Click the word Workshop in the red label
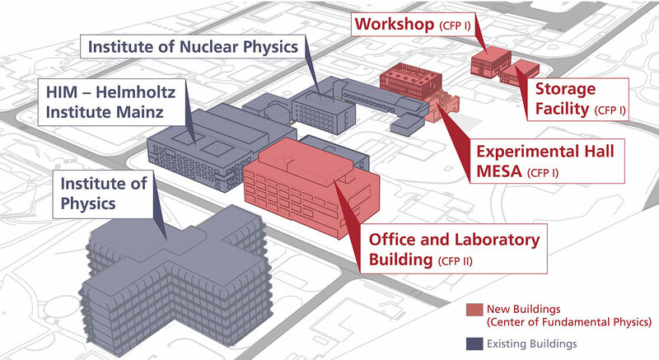coord(395,25)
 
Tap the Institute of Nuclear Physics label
coord(193,47)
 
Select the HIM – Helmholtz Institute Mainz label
coord(111,102)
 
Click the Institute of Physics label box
coord(102,194)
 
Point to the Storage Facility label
coord(578,99)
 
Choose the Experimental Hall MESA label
coord(547,161)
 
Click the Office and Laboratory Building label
coord(454,249)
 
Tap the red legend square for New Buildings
coord(474,310)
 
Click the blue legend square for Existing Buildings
coord(474,344)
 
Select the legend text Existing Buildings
coord(531,344)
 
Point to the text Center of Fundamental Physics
coord(569,322)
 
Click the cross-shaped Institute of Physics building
coord(176,278)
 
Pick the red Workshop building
coord(490,63)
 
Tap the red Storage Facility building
coord(520,73)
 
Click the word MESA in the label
coord(499,171)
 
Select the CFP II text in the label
coord(456,261)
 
